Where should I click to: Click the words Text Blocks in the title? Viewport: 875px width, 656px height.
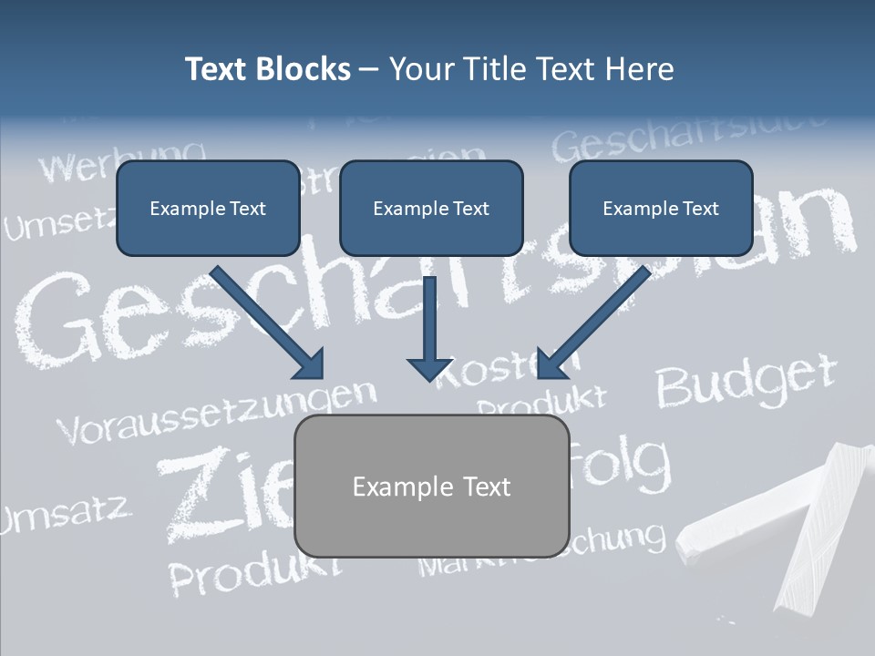267,69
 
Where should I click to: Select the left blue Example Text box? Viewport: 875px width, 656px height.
208,208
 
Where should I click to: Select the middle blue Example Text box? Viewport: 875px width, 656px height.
431,208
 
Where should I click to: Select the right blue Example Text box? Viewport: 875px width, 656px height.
661,208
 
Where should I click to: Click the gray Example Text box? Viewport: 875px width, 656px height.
431,487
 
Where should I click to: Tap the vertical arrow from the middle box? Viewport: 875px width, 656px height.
429,323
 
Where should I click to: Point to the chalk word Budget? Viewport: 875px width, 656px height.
746,380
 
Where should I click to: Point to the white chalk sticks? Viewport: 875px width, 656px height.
775,524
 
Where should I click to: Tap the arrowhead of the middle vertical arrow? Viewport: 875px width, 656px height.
429,367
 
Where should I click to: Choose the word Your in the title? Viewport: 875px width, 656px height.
424,69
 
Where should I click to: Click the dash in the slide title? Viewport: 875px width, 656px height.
369,69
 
